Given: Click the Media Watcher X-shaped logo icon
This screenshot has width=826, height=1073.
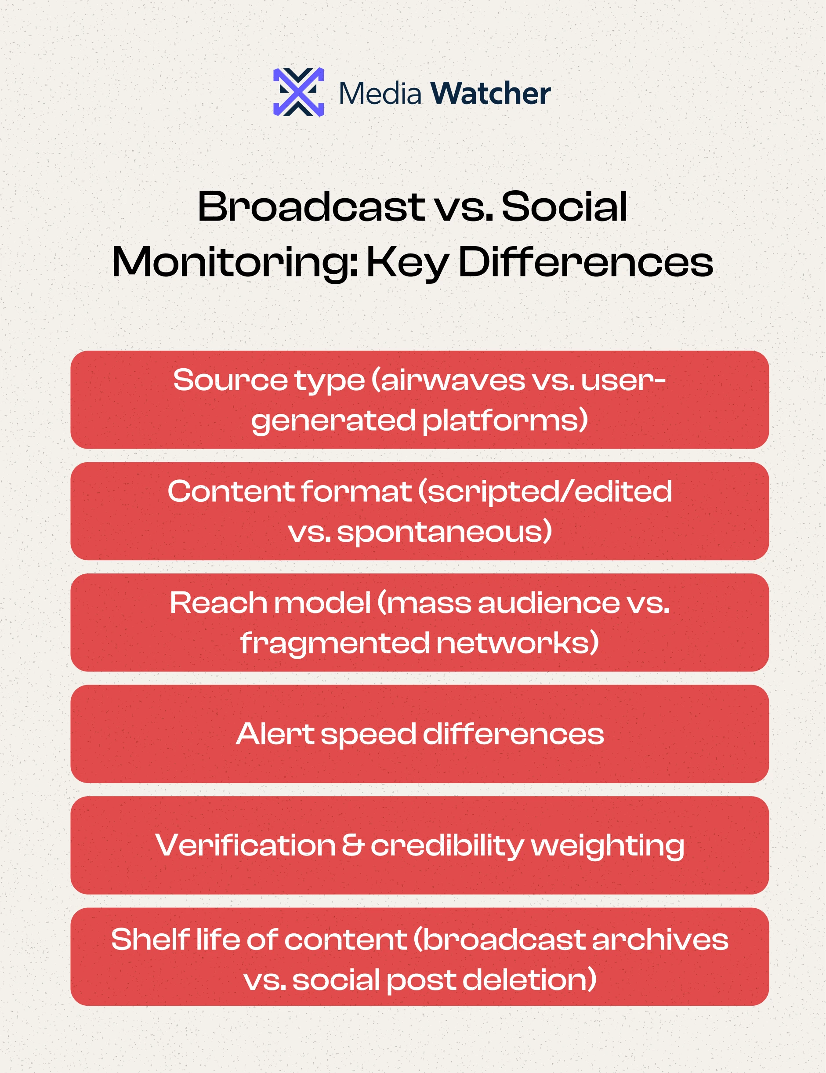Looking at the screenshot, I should pyautogui.click(x=298, y=92).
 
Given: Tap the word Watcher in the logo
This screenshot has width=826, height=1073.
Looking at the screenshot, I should pyautogui.click(x=490, y=93).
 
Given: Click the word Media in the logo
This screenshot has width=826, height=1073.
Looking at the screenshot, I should pyautogui.click(x=380, y=93).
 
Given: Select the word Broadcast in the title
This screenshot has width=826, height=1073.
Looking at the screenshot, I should pyautogui.click(x=311, y=207).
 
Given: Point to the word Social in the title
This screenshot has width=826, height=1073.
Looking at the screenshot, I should pyautogui.click(x=564, y=207).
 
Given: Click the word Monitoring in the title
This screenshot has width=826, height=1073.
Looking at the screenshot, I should pyautogui.click(x=234, y=262).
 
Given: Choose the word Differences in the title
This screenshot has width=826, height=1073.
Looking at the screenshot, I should pyautogui.click(x=585, y=262).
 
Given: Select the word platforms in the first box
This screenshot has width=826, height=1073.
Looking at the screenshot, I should pyautogui.click(x=505, y=421).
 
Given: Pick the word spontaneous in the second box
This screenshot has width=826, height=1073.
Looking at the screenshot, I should pyautogui.click(x=444, y=532).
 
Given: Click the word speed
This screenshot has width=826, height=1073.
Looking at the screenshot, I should pyautogui.click(x=369, y=735).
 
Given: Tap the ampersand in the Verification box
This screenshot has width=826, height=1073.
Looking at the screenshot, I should pyautogui.click(x=353, y=845).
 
